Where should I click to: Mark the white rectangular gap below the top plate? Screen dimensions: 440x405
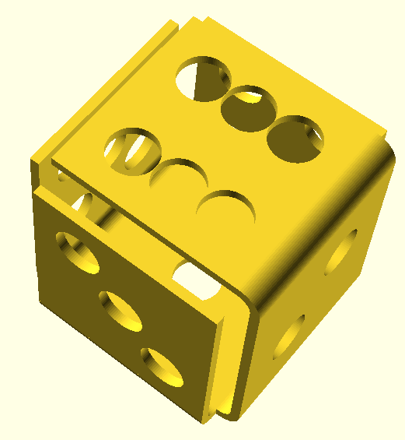click(x=197, y=280)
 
